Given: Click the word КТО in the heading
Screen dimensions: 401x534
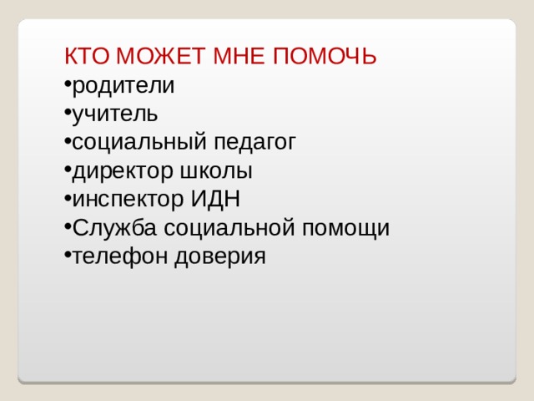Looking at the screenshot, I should click(88, 57).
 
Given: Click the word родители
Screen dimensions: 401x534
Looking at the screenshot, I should click(123, 86).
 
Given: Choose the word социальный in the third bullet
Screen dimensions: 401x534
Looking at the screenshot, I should click(136, 143).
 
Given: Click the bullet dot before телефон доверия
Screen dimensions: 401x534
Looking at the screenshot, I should click(67, 256).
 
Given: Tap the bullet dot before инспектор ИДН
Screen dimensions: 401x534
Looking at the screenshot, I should click(67, 200).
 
